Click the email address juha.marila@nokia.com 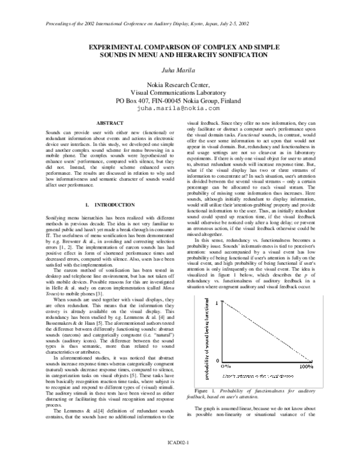(x=179, y=109)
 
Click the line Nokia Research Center (x=179, y=85)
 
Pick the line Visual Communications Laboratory (x=179, y=93)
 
